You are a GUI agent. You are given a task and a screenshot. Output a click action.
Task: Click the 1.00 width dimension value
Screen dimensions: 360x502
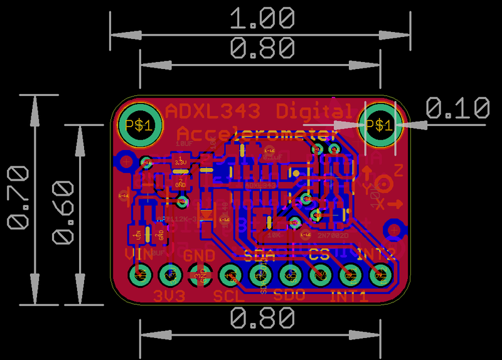262,18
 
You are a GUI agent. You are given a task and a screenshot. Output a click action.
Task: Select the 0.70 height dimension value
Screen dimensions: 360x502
18,198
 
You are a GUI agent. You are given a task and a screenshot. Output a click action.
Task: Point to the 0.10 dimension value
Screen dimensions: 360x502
457,108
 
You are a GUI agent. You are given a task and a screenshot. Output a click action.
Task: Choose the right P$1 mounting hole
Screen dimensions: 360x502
379,125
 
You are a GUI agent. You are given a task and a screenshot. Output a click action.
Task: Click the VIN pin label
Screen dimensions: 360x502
139,255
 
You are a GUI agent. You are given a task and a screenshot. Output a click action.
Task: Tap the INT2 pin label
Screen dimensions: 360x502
376,255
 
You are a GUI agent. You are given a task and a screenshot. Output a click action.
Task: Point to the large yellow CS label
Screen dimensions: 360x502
320,255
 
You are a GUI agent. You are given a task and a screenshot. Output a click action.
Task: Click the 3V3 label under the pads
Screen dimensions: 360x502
169,295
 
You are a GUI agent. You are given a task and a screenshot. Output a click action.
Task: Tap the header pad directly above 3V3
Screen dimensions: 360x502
169,275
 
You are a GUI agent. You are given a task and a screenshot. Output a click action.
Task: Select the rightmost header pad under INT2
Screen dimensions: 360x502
380,275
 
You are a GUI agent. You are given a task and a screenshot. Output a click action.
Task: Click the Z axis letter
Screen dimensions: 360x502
398,170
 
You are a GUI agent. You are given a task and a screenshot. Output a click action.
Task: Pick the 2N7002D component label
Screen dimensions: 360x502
332,236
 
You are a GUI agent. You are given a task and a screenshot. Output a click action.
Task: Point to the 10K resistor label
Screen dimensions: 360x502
274,236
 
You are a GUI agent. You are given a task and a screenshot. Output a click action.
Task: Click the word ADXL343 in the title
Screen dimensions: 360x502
212,112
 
